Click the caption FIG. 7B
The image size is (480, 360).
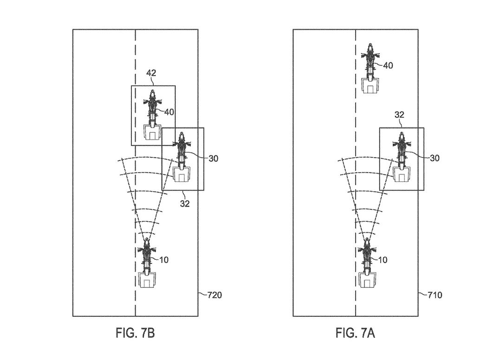[x=134, y=333]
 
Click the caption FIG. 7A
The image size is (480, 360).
[x=355, y=333]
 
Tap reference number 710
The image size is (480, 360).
[x=435, y=295]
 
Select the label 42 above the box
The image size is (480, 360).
[x=151, y=73]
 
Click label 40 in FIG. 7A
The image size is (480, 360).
[x=388, y=65]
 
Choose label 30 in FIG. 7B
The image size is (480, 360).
[x=213, y=158]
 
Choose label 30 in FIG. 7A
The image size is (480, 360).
[x=434, y=158]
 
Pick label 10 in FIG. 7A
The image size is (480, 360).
[x=382, y=260]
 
